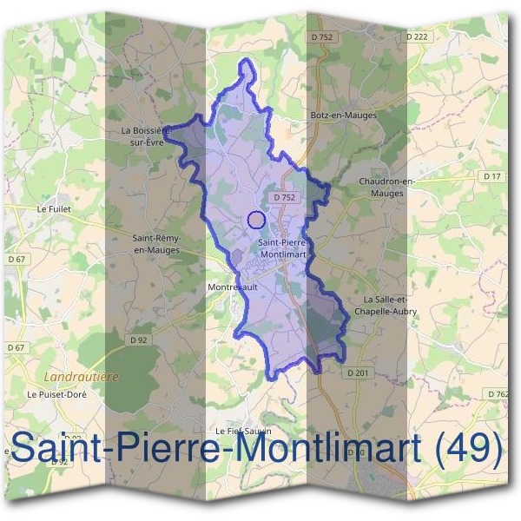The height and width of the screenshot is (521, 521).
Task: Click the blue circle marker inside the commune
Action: tap(255, 220)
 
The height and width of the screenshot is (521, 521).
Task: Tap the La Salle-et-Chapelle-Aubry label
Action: tap(385, 305)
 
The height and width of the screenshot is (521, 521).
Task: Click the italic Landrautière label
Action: tap(81, 377)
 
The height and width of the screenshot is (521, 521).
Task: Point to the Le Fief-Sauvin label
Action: tap(243, 431)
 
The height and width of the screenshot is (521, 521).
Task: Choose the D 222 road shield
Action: tap(417, 36)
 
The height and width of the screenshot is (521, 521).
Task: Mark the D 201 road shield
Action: tap(357, 373)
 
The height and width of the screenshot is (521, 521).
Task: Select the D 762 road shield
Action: tap(500, 393)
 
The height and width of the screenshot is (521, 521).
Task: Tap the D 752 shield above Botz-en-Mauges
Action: tap(320, 36)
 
